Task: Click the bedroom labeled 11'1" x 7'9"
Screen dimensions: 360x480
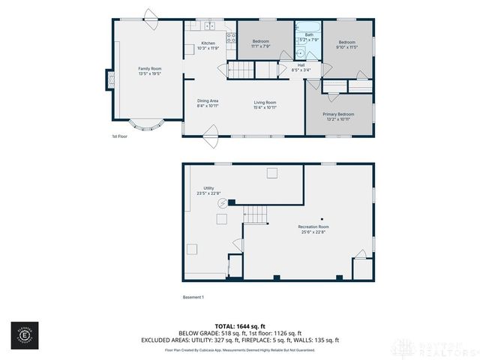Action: coord(261,42)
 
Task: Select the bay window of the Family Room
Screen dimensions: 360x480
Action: coord(142,123)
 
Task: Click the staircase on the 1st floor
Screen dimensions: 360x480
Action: coord(244,71)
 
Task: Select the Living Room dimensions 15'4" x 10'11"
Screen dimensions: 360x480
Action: coord(265,107)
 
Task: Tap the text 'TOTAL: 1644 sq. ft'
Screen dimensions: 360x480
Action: coord(239,326)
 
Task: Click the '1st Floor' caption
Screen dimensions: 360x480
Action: coord(120,136)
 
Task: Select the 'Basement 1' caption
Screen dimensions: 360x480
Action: coord(193,298)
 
